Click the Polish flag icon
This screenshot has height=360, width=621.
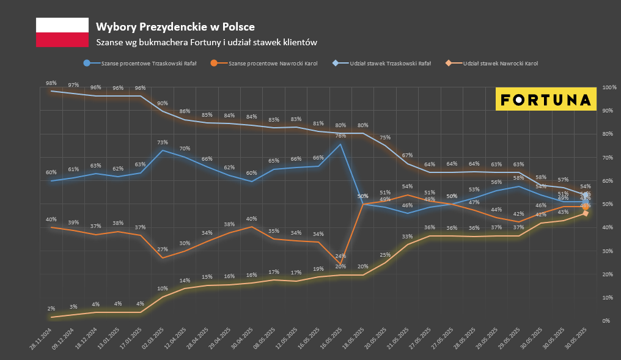[x=62, y=32]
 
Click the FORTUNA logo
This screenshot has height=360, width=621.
[x=545, y=99]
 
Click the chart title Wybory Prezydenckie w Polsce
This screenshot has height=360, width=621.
[x=175, y=27]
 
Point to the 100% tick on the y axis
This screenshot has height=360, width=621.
[x=609, y=87]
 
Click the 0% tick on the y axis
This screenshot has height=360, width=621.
[x=606, y=321]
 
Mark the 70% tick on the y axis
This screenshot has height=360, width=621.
[x=608, y=158]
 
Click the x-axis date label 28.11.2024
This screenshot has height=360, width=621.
[x=41, y=339]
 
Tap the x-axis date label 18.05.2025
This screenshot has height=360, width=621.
[x=353, y=339]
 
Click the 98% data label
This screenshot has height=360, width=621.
[x=51, y=83]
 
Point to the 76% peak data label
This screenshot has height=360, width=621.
[x=340, y=136]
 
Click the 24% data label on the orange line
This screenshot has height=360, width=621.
[x=340, y=256]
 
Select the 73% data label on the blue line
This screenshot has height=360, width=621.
[x=162, y=142]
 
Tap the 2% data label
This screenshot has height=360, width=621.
[x=51, y=309]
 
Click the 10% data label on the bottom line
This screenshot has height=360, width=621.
[x=162, y=288]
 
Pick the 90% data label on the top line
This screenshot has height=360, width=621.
[x=162, y=103]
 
